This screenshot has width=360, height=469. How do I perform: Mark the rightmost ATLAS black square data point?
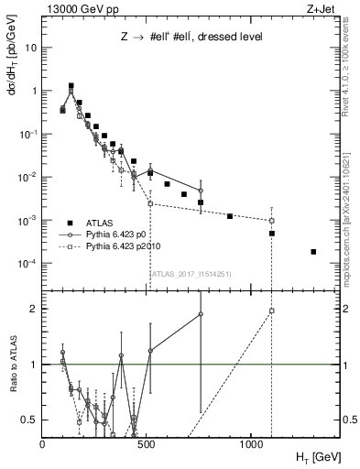coord(313,251)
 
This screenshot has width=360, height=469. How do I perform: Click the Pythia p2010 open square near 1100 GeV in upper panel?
coord(272,221)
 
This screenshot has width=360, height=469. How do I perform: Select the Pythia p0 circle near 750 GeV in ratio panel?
coord(201,314)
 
